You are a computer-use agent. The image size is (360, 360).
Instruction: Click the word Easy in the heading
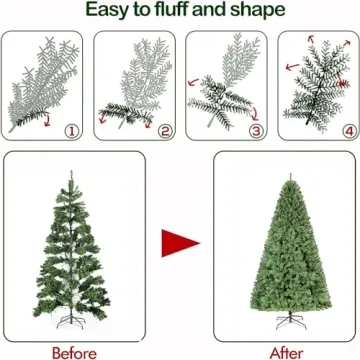pos(108,11)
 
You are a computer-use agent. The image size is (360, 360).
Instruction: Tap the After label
pos(287,351)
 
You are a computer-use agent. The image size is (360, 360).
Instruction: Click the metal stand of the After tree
pos(286,326)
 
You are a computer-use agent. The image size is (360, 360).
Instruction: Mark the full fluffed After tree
pos(286,260)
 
